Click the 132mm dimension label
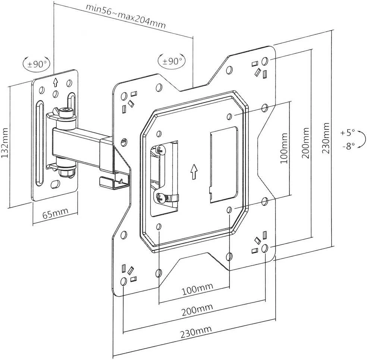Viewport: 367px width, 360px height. (x=5, y=143)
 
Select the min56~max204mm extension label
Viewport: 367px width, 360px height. (x=126, y=16)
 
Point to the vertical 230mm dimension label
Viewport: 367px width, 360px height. (x=326, y=138)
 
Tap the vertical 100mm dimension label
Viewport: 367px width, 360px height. (x=284, y=148)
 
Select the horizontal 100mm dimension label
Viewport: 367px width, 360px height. (x=198, y=289)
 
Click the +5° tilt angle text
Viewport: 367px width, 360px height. (x=348, y=133)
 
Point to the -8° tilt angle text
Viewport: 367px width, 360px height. (x=349, y=147)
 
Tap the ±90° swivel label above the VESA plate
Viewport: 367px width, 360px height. (x=172, y=61)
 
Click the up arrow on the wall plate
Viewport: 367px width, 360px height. (x=55, y=82)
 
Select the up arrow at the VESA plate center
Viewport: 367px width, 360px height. (x=194, y=172)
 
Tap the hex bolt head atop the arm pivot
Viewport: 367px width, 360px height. (x=65, y=113)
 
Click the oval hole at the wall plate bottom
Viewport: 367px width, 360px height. (x=55, y=184)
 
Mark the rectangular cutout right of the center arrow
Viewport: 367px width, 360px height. (x=223, y=165)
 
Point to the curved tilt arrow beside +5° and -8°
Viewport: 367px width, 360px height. (x=363, y=139)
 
